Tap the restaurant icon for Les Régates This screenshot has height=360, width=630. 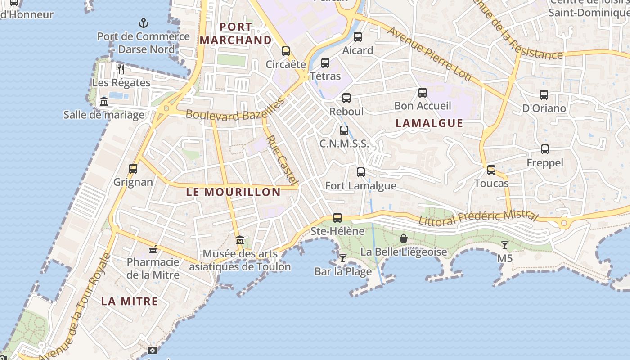pos(121,69)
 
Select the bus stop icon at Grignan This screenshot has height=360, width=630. pos(133,169)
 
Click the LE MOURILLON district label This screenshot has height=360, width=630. pos(233,192)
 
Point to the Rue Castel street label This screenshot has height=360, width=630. pos(282,160)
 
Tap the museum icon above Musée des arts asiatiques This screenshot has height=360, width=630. pos(240,240)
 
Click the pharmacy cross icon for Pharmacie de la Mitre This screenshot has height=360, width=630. pos(153,249)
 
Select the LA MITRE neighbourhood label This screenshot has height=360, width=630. pos(130,301)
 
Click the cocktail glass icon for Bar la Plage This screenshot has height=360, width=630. pos(343,258)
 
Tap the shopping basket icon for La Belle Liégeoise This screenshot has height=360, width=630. pos(404,238)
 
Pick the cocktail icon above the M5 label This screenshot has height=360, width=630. pos(505,245)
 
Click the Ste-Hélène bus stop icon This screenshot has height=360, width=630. pos(337,218)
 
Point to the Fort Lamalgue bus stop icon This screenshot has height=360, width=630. pos(361,172)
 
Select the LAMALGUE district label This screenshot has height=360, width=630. pos(429,123)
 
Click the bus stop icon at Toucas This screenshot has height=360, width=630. pos(491,170)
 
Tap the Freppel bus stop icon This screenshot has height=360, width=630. pos(545,149)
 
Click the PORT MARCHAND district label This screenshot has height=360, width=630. pos(236,33)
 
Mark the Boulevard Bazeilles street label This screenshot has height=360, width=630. pos(234,110)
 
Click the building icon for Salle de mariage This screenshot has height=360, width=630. pos(104,101)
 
